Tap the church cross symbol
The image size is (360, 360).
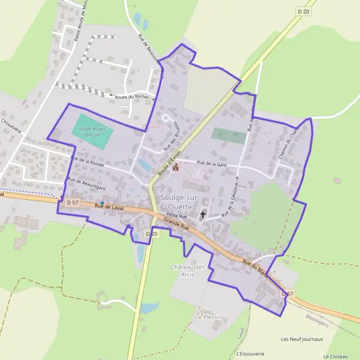point(203,214)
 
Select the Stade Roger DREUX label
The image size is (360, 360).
point(92,131)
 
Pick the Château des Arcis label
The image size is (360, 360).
point(188,271)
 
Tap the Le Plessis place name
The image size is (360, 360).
point(209,316)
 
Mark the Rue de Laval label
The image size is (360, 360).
point(109,207)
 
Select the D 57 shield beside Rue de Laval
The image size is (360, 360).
point(73,203)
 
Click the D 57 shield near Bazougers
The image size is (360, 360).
point(289,294)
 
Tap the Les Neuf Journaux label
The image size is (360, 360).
point(302,338)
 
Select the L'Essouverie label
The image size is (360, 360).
point(251,353)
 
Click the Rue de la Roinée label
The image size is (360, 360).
point(88,161)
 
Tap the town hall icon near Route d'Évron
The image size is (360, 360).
point(176,168)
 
